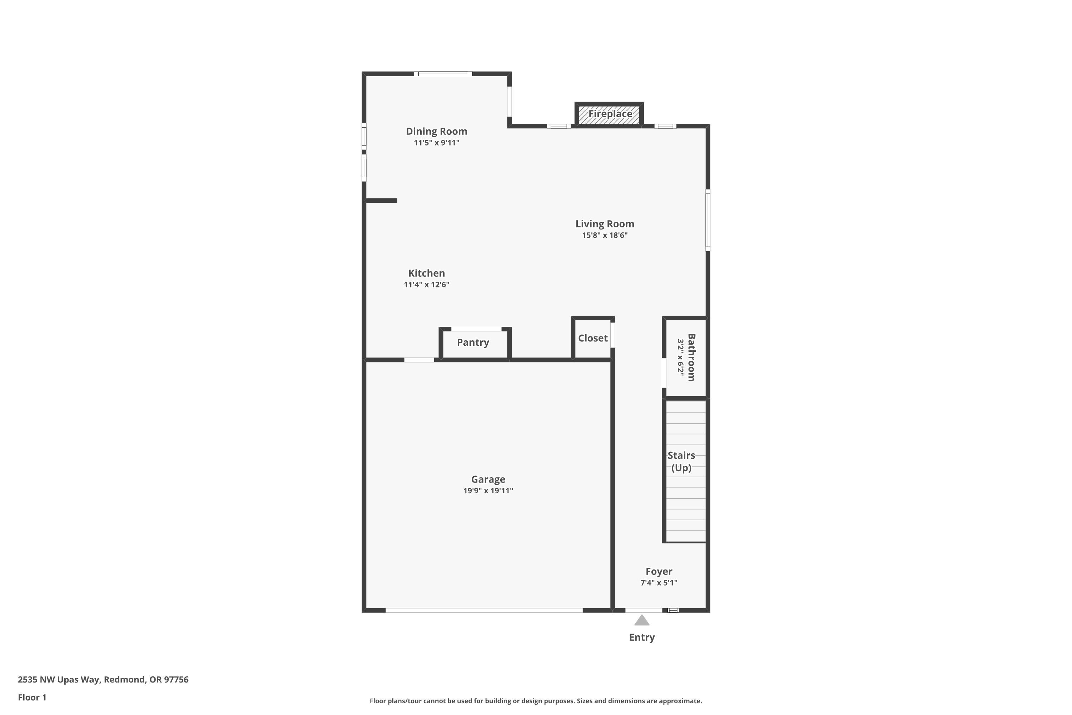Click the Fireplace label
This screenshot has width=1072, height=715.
pyautogui.click(x=610, y=114)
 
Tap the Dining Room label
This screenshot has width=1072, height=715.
pyautogui.click(x=437, y=131)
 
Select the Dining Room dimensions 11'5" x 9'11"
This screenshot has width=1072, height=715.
pyautogui.click(x=437, y=143)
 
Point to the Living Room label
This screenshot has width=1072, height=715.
pyautogui.click(x=605, y=224)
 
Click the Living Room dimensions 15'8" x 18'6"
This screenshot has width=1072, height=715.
pyautogui.click(x=605, y=235)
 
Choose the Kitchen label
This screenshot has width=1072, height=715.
pyautogui.click(x=427, y=273)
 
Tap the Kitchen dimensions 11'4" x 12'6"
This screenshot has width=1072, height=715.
pyautogui.click(x=427, y=285)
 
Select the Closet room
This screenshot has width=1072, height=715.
pyautogui.click(x=592, y=339)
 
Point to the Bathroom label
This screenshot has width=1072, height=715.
pyautogui.click(x=691, y=357)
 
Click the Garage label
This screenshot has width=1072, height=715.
pyautogui.click(x=488, y=479)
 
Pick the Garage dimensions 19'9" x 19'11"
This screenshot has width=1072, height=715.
pyautogui.click(x=488, y=490)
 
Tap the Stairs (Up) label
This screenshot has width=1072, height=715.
pyautogui.click(x=681, y=462)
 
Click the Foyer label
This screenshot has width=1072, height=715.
pyautogui.click(x=659, y=571)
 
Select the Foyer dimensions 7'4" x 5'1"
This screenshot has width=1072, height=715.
pyautogui.click(x=659, y=583)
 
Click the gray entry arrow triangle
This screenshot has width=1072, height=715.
pyautogui.click(x=642, y=621)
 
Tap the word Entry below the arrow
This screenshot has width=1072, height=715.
pyautogui.click(x=642, y=637)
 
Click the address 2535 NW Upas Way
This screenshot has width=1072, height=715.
pyautogui.click(x=59, y=680)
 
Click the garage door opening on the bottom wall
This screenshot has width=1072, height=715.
pyautogui.click(x=484, y=610)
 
